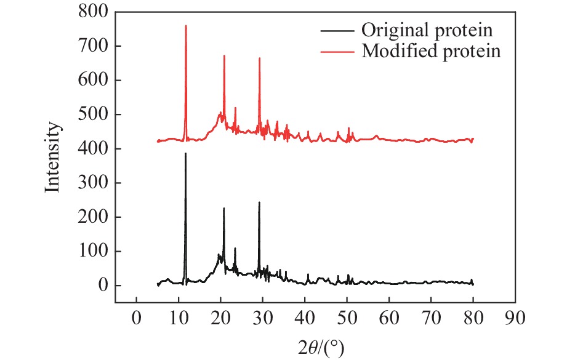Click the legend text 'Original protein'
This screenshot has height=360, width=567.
tap(428, 30)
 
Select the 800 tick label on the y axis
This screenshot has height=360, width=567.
tap(93, 12)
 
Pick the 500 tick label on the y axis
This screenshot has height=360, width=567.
tap(93, 115)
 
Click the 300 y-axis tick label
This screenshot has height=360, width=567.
tap(93, 183)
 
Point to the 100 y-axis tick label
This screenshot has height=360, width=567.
tap(93, 252)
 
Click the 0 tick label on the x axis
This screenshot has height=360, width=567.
tap(136, 318)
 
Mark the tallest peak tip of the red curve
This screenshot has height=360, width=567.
tap(186, 26)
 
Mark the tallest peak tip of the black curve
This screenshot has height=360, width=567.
tap(185, 153)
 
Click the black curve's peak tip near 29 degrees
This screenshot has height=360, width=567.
tap(259, 202)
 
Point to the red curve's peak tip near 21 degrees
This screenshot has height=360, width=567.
tap(224, 55)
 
